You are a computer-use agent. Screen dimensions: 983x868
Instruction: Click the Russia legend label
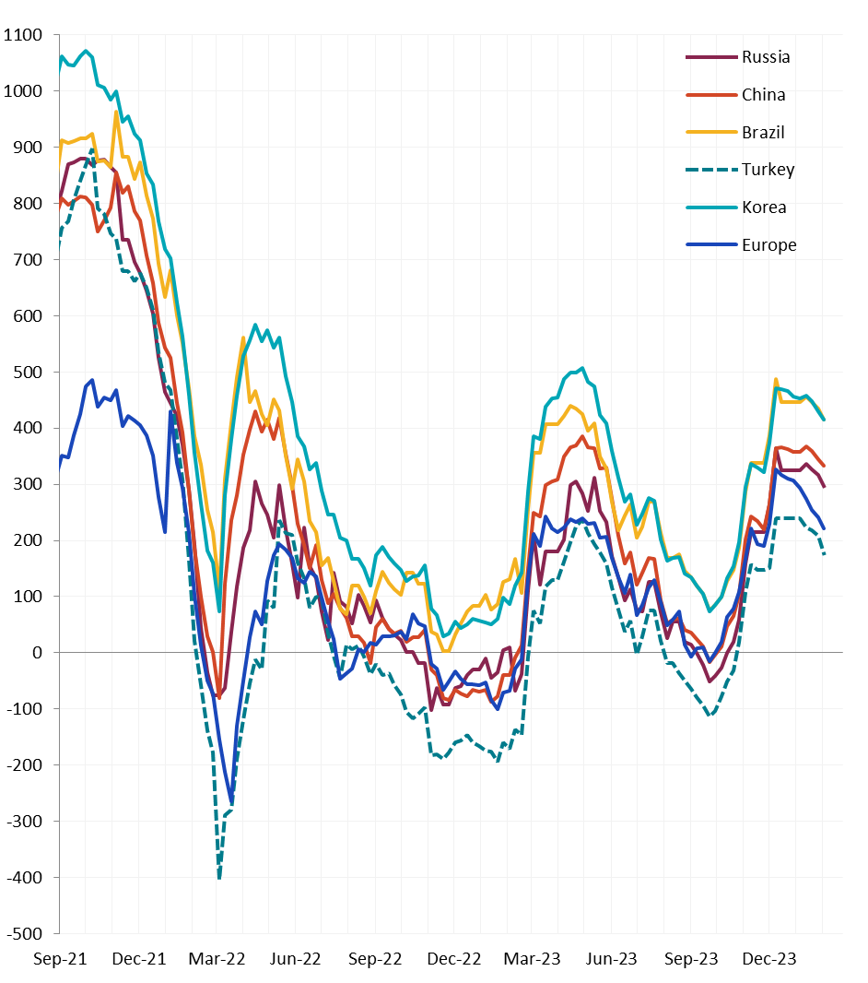[766, 57]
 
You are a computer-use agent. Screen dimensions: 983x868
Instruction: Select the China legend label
[763, 95]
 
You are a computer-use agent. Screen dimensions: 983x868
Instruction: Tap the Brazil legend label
[763, 133]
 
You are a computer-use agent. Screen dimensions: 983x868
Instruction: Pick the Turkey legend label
[768, 170]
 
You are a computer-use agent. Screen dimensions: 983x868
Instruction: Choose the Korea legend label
[764, 207]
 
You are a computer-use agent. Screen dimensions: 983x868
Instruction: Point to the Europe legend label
[768, 245]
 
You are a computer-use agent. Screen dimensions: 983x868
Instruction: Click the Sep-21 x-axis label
[60, 959]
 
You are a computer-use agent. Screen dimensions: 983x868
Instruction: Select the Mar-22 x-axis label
[217, 959]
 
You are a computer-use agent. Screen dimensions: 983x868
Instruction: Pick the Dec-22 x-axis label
[455, 959]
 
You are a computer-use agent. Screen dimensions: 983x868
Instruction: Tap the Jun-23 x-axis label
[612, 959]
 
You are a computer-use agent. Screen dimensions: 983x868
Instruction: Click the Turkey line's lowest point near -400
[219, 877]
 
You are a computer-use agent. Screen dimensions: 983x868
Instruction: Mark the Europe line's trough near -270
[231, 802]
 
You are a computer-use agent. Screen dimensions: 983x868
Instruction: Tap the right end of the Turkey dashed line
[824, 554]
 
